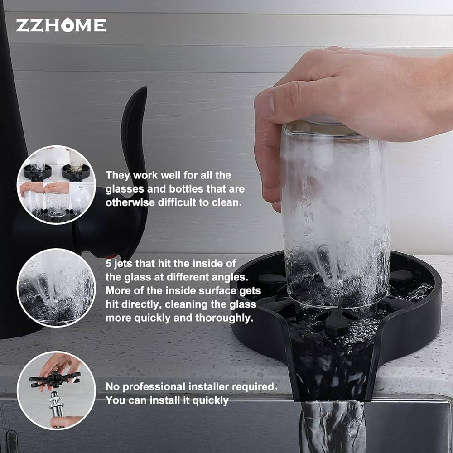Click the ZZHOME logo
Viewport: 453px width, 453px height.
[61, 25]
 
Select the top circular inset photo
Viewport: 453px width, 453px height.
[56, 185]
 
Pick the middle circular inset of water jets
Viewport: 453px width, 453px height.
[56, 288]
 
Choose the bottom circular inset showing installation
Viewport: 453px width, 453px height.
[56, 390]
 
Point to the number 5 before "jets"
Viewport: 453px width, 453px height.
[108, 264]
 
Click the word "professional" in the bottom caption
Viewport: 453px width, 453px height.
[154, 387]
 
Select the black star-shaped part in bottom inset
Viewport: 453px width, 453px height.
[54, 378]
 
